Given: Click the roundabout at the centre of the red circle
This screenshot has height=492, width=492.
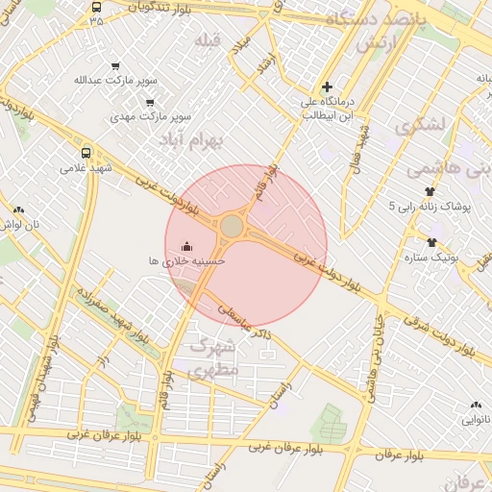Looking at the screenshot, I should [x=232, y=227].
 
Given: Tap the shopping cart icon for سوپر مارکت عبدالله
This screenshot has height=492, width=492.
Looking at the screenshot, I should [x=116, y=66].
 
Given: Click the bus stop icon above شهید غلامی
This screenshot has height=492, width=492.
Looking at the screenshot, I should [x=86, y=153].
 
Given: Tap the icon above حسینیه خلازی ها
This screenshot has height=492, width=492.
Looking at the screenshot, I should [x=186, y=246].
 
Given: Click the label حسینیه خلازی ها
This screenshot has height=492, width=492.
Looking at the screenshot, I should [x=186, y=260].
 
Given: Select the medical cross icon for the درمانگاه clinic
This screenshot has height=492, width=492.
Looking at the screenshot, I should [x=327, y=86].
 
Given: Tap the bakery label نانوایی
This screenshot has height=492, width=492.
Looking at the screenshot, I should [x=476, y=420].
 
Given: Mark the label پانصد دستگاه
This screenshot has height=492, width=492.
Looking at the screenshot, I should [x=373, y=19].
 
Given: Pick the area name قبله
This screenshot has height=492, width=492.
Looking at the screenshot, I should [x=208, y=40].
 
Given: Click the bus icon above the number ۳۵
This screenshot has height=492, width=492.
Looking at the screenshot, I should [x=96, y=6].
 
